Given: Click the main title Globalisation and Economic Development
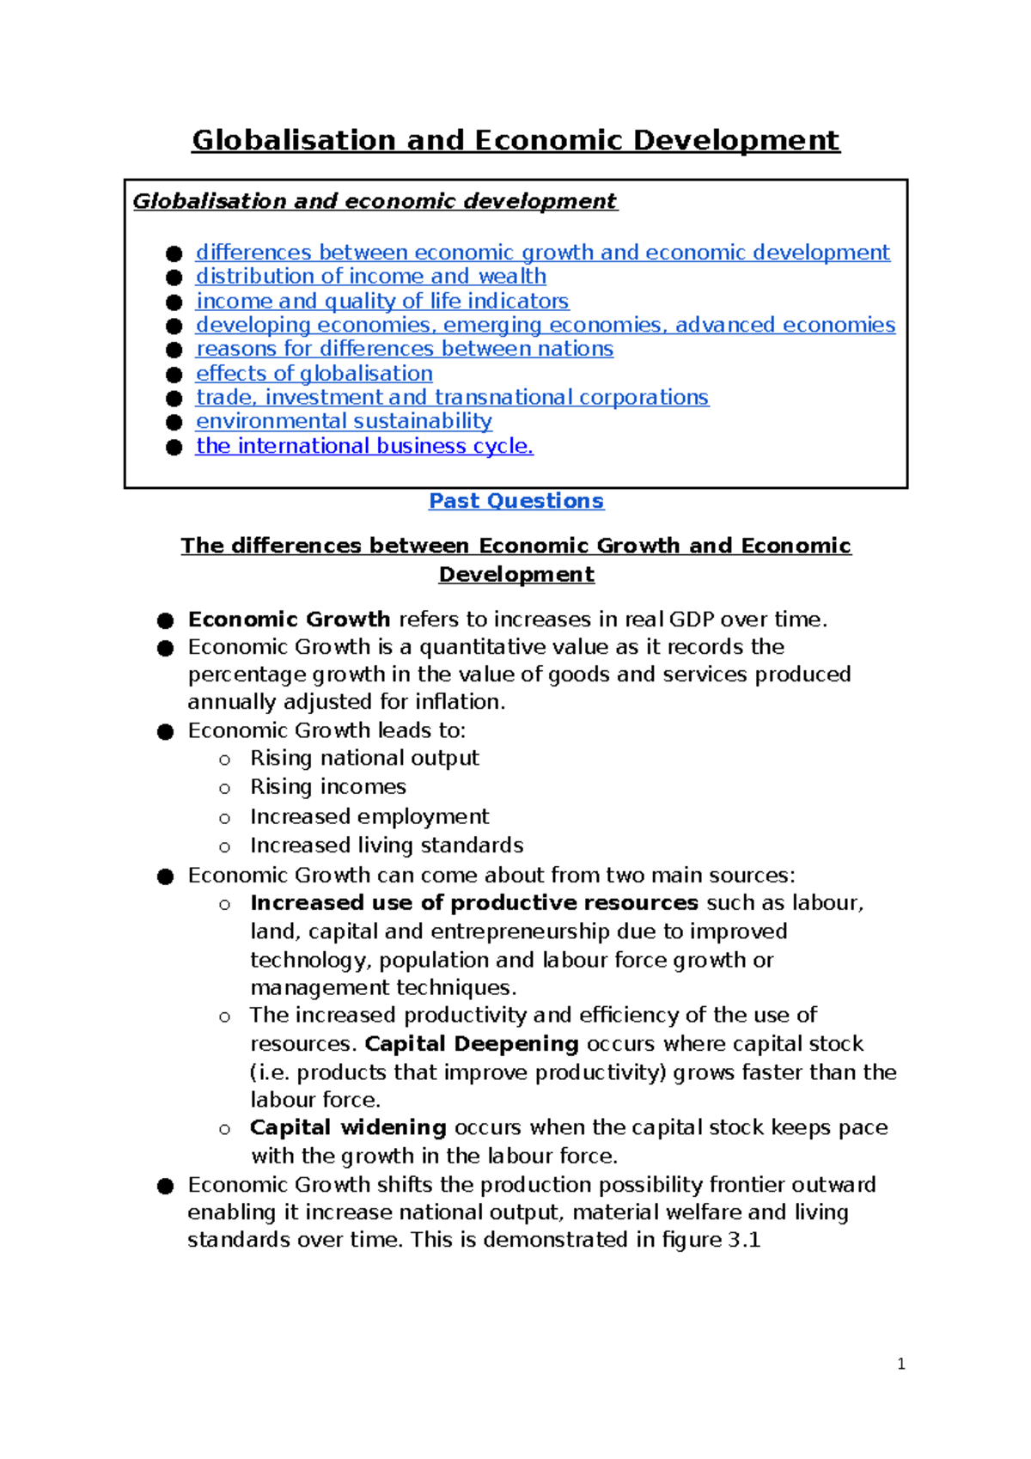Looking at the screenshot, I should click(x=515, y=140).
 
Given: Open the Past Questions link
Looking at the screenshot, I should click(x=515, y=501).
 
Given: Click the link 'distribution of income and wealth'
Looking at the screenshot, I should click(x=370, y=277).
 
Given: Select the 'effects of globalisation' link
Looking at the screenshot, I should click(x=314, y=374).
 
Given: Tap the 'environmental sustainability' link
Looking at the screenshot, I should click(x=344, y=421).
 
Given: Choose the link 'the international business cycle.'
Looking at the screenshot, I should click(x=364, y=446).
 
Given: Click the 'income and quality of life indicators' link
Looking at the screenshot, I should click(x=382, y=302).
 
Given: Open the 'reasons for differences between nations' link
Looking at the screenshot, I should click(x=404, y=349).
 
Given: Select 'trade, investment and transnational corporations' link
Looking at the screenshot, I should click(x=452, y=398).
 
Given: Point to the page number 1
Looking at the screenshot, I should click(x=900, y=1364).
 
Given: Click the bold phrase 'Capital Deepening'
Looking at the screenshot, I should click(x=472, y=1044).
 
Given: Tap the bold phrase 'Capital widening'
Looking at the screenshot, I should click(x=348, y=1127).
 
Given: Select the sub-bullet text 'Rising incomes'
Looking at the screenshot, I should click(x=327, y=787).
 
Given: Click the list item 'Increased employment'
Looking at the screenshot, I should click(x=369, y=816).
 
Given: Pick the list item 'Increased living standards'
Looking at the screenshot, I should click(x=386, y=845).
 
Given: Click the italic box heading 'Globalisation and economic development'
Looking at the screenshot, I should click(x=375, y=201).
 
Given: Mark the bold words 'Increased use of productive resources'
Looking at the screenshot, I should click(x=473, y=903).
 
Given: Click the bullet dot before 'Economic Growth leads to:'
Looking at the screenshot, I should click(x=166, y=731).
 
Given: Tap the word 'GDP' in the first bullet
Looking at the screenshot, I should click(x=691, y=620).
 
